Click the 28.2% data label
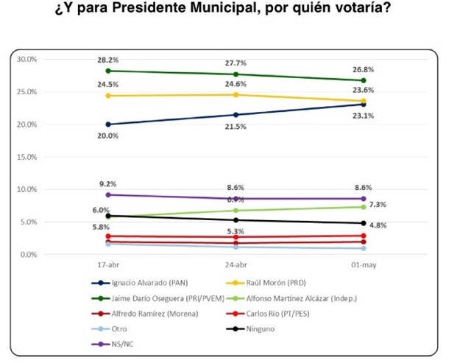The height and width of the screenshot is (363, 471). (x=108, y=60)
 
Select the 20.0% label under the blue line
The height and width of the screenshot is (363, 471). (x=108, y=136)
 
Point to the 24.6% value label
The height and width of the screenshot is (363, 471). (x=235, y=84)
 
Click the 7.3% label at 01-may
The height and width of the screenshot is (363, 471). (x=378, y=204)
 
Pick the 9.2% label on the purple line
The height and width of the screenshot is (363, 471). (x=108, y=184)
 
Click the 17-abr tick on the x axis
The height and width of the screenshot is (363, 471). (x=108, y=264)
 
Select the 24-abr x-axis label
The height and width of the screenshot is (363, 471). (x=235, y=264)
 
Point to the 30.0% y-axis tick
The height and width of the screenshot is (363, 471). (x=27, y=59)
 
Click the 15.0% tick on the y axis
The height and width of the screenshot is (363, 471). (x=27, y=157)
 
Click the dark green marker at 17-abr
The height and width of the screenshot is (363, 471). (x=108, y=71)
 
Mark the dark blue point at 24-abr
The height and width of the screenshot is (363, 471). (x=235, y=115)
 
